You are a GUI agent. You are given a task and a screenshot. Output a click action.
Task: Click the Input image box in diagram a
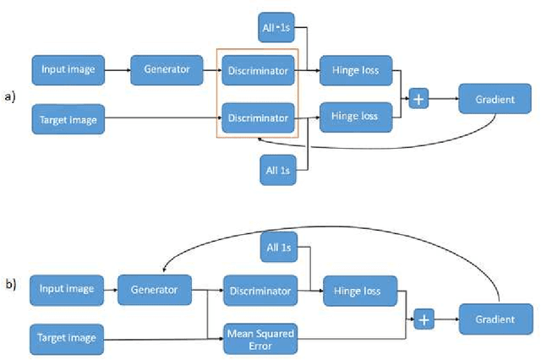click(x=67, y=69)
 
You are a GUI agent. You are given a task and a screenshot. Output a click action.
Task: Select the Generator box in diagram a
click(x=166, y=69)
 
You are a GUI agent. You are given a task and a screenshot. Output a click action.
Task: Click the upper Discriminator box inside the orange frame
click(x=259, y=71)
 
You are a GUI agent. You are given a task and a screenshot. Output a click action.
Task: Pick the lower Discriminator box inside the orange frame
click(x=259, y=117)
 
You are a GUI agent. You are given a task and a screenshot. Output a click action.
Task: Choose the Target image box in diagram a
click(x=68, y=119)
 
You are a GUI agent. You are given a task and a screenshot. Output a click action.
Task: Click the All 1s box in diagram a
click(x=276, y=170)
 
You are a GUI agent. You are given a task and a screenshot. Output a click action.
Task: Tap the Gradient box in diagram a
click(x=495, y=99)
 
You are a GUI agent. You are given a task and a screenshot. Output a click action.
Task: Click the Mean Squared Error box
click(x=259, y=338)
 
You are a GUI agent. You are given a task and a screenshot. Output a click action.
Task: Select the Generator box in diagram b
click(x=154, y=289)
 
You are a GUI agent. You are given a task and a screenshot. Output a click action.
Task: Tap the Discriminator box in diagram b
click(x=259, y=291)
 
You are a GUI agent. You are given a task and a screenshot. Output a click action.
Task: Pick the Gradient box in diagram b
click(x=495, y=319)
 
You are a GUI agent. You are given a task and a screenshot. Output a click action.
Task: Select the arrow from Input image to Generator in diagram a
click(x=117, y=69)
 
